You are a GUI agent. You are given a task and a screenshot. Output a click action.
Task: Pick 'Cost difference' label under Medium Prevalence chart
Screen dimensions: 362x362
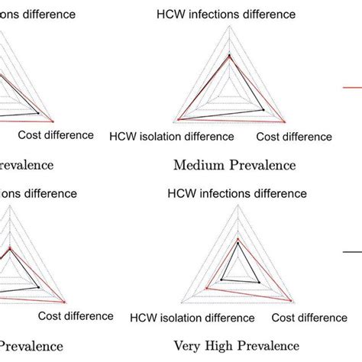pyautogui.click(x=294, y=137)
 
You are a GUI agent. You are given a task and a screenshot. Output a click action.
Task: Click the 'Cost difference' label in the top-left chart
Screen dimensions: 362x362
pyautogui.click(x=55, y=135)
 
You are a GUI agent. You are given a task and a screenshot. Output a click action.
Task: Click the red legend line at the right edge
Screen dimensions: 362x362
pyautogui.click(x=352, y=88)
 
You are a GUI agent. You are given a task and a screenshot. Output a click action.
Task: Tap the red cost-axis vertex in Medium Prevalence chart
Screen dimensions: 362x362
pyautogui.click(x=283, y=121)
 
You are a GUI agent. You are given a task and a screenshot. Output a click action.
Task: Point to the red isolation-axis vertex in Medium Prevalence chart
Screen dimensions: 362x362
pyautogui.click(x=179, y=119)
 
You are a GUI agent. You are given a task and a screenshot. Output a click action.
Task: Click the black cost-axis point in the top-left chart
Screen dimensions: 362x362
pyautogui.click(x=38, y=113)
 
